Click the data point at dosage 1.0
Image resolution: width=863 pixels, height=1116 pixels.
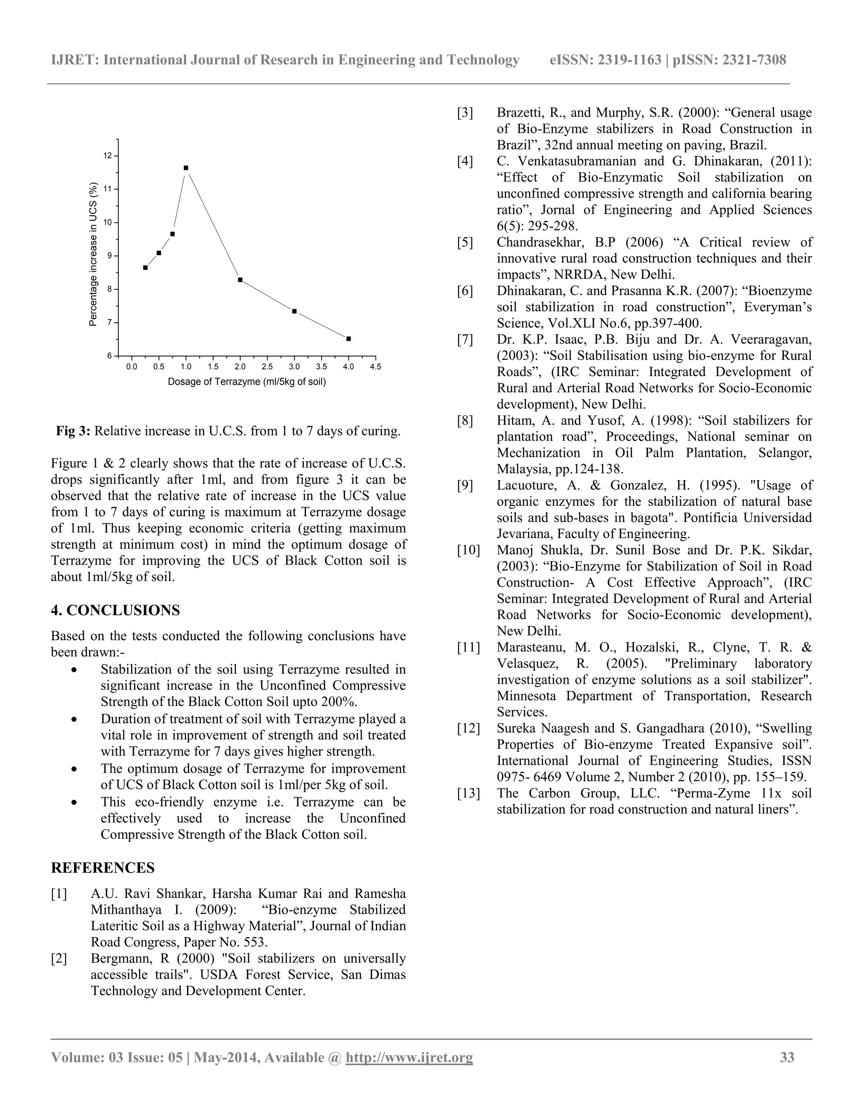click(185, 168)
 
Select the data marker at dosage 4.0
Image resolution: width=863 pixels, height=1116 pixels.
click(348, 339)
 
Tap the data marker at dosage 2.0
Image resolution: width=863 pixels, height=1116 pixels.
click(240, 280)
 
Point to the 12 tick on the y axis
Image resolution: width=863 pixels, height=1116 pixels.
click(107, 155)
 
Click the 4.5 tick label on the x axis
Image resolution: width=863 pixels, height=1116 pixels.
click(376, 367)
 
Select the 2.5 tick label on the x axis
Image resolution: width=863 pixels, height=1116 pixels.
click(267, 367)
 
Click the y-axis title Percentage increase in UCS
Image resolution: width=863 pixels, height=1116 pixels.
click(93, 254)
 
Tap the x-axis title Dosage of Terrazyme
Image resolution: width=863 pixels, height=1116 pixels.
click(247, 382)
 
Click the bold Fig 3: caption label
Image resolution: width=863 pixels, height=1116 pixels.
click(73, 431)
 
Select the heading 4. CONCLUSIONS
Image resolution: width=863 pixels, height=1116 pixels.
click(115, 611)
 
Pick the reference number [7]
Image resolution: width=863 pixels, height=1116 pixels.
click(465, 340)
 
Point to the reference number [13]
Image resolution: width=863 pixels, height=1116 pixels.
click(468, 793)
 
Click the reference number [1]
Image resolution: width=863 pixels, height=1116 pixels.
click(59, 894)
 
